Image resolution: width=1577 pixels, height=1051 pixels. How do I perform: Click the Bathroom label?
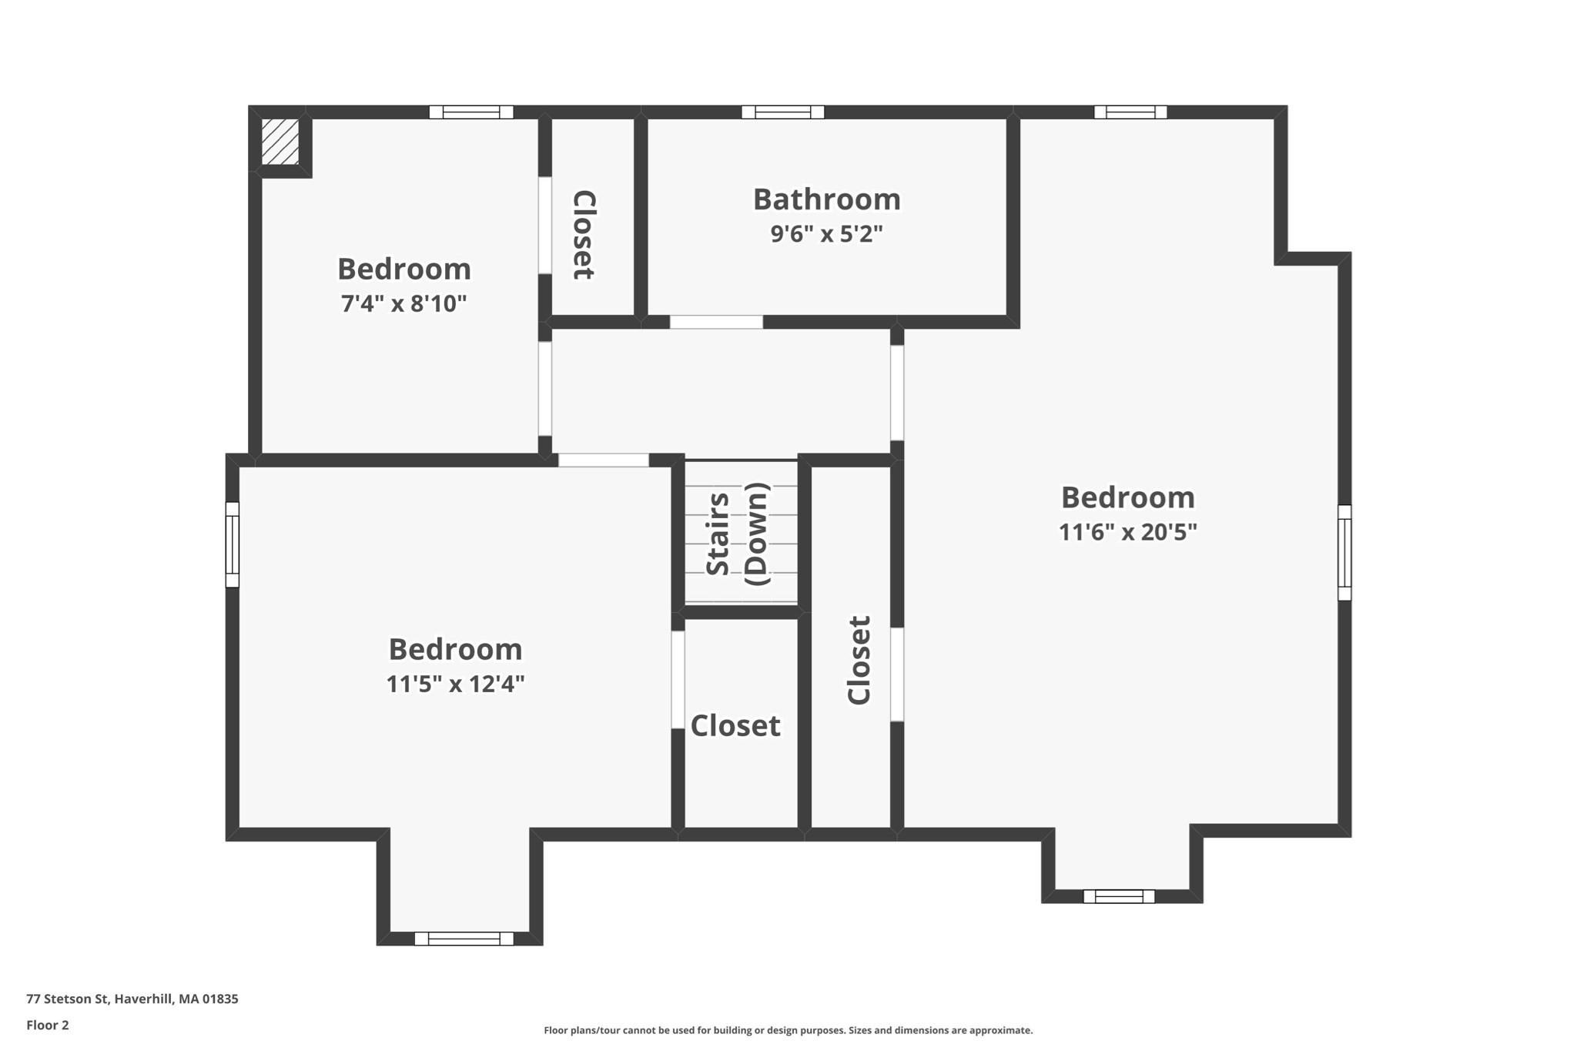coord(826,199)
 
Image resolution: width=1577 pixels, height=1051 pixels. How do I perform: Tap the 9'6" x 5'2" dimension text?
coord(826,233)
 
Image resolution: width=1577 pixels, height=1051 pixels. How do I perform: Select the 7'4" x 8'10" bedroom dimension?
coord(403,303)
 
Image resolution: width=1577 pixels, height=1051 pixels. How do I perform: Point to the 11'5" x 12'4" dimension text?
coord(455,684)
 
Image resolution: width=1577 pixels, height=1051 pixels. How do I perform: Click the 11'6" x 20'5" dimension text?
coord(1127,532)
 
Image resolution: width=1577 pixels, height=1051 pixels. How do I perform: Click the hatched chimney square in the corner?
coord(280,141)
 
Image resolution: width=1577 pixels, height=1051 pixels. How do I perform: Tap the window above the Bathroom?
coord(782,112)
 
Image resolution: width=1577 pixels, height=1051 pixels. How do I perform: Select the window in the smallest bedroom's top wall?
coord(471,112)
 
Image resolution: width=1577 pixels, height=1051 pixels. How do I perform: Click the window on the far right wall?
coord(1344,552)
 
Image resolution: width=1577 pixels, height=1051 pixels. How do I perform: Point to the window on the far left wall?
coord(232,544)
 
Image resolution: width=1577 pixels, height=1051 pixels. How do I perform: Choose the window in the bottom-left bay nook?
coord(464,939)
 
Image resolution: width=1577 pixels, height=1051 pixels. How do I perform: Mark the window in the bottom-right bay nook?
coord(1118,896)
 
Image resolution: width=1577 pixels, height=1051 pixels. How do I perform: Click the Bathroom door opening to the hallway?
coord(716,322)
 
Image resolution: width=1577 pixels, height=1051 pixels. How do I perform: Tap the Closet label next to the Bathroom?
coord(584,234)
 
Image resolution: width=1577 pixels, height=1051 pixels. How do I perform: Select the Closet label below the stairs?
coord(735,725)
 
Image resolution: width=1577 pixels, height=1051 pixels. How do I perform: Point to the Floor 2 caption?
coord(48,1025)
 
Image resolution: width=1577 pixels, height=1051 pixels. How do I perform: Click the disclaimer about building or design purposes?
coord(788,1030)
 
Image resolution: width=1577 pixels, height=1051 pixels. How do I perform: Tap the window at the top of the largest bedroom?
coord(1130,112)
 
